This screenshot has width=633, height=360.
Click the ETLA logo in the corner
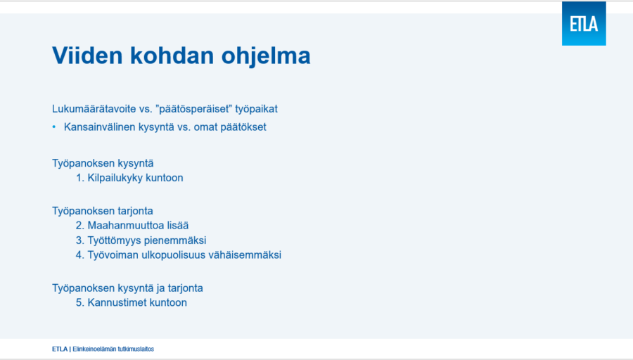coord(584,23)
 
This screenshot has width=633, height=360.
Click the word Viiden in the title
coord(87,56)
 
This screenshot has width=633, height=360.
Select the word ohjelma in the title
coord(266,56)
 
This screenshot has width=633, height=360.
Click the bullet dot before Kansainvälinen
coord(54,127)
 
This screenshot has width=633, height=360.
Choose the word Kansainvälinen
coord(100,127)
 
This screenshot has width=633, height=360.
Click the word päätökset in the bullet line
coord(243,127)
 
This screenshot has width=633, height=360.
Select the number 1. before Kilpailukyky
coord(80,178)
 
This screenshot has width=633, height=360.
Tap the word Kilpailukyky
coord(115,178)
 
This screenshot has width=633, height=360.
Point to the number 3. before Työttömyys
coord(80,240)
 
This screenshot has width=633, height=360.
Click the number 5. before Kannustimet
coord(80,302)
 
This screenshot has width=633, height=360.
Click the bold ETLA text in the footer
coord(60,349)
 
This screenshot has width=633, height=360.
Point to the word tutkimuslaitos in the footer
coord(137,349)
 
